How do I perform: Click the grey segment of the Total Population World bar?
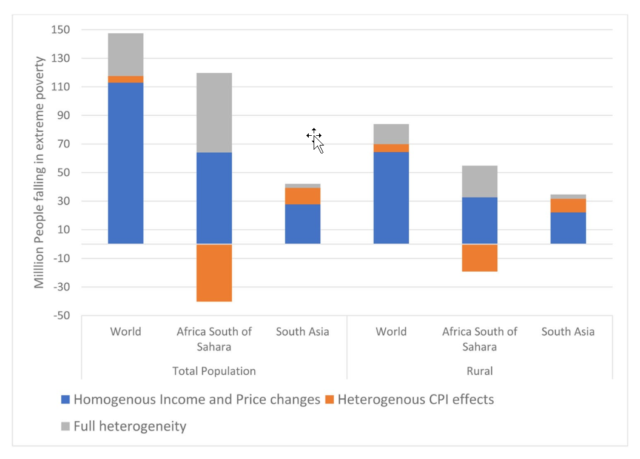[x=126, y=54]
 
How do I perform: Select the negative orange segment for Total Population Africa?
[x=214, y=272]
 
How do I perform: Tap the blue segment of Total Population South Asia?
[x=303, y=224]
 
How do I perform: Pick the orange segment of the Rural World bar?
[x=391, y=148]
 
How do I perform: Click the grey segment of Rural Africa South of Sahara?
[x=480, y=181]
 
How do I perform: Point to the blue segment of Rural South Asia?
[x=568, y=227]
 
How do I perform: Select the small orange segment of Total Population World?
[x=126, y=79]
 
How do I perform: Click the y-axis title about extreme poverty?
[x=39, y=172]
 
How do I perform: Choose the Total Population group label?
[x=214, y=371]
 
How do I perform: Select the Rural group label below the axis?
[x=480, y=371]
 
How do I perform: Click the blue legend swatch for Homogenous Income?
[x=66, y=400]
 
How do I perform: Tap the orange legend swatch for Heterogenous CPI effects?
[x=330, y=400]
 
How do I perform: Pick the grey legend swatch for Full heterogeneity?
[x=66, y=427]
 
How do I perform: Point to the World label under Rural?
[x=391, y=332]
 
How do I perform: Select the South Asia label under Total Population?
[x=303, y=332]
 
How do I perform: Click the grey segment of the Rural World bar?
[x=391, y=133]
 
